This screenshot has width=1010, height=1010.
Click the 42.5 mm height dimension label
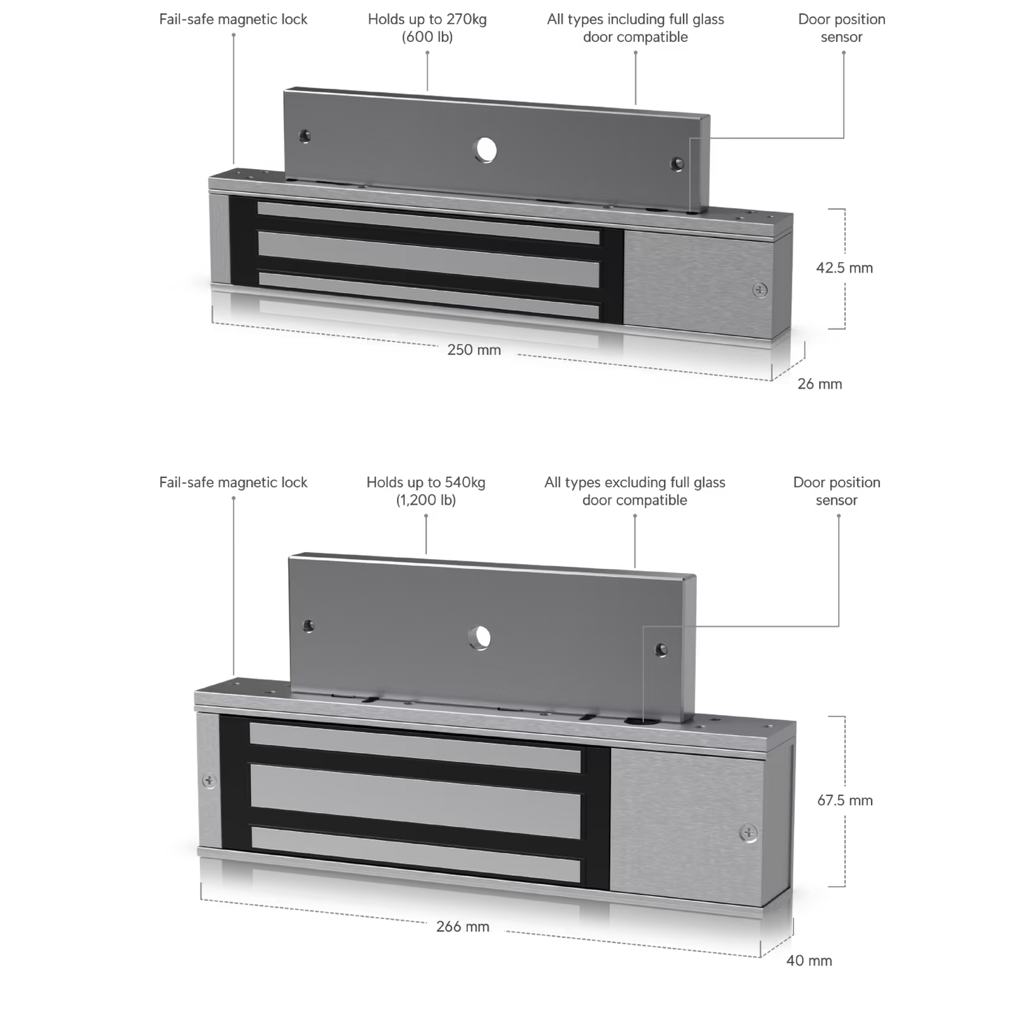(x=844, y=268)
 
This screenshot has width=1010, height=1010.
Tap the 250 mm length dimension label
(x=474, y=349)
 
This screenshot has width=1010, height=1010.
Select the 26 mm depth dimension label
(x=819, y=384)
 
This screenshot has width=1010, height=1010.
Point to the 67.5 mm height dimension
(x=845, y=800)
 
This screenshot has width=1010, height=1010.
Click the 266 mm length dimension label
(x=462, y=926)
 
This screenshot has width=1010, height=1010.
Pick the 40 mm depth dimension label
(x=809, y=960)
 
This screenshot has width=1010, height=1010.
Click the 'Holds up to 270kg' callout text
(x=427, y=20)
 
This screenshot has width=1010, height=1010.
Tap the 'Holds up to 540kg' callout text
(x=426, y=482)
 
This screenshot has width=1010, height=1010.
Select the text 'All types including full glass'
(x=635, y=20)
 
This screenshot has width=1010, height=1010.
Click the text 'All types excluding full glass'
(x=635, y=482)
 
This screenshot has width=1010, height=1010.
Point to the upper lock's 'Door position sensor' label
(x=842, y=28)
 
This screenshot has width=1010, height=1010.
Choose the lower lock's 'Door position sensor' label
(x=837, y=491)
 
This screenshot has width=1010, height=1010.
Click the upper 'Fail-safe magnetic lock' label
(x=233, y=20)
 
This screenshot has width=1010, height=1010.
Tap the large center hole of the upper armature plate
(x=486, y=150)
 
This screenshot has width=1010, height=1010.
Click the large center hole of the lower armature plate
(x=479, y=638)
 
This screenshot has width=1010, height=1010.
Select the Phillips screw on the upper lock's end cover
(x=760, y=290)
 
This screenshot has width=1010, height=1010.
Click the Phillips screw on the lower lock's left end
(x=209, y=781)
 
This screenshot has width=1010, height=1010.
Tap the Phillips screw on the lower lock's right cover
(x=749, y=832)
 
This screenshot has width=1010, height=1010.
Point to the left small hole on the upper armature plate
(x=305, y=136)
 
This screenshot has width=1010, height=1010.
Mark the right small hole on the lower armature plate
(x=661, y=650)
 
